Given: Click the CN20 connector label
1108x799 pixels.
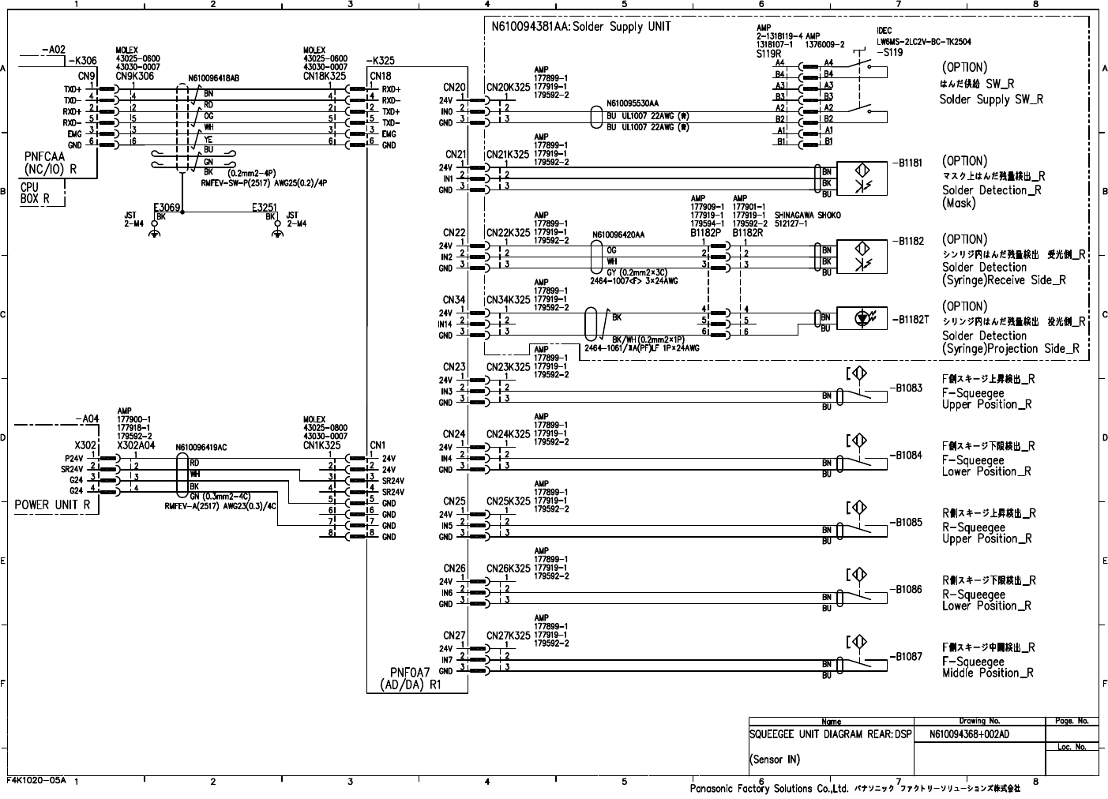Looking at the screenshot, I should point(455,88).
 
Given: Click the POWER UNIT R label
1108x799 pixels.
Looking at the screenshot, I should point(52,505).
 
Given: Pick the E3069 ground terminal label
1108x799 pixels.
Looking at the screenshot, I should point(167,208).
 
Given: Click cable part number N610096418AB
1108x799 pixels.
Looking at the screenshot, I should point(213,78).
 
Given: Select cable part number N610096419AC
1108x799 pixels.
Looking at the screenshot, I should point(201,447).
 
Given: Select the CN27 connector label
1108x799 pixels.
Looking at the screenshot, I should point(454,636).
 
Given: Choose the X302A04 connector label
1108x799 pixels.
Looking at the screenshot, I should point(137,445).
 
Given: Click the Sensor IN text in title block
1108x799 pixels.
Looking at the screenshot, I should point(774,760).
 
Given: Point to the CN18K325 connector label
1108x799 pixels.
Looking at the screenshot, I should point(325,76).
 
